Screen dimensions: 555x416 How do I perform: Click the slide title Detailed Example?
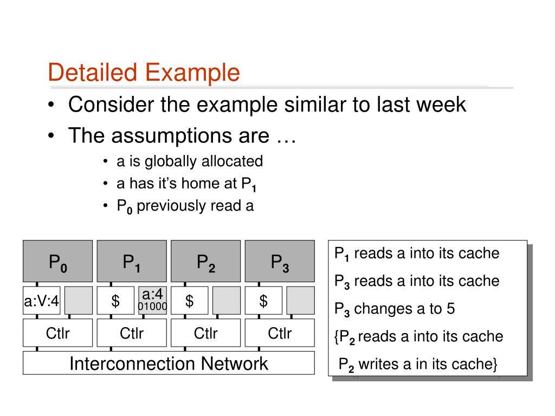(x=144, y=73)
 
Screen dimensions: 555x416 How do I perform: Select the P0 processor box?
(x=58, y=262)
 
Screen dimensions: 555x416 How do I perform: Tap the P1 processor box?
(x=132, y=262)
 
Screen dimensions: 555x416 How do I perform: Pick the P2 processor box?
(x=206, y=262)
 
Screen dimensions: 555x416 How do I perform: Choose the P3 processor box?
(x=280, y=262)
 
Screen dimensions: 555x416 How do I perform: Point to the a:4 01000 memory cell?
(x=152, y=301)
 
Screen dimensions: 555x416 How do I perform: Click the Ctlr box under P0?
(x=58, y=333)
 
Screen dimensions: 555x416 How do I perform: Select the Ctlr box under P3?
(x=280, y=333)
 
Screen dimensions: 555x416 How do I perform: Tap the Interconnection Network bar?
(x=169, y=363)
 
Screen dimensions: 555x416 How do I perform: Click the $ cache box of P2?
(x=189, y=301)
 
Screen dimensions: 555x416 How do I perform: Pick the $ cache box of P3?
(x=263, y=301)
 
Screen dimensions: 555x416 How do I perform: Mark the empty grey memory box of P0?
(x=79, y=301)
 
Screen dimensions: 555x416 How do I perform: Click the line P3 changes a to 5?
(x=395, y=309)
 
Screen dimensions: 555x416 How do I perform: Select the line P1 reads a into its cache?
(x=416, y=253)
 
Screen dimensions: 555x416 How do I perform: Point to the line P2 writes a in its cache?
(x=417, y=365)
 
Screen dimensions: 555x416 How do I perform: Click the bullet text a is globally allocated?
(x=189, y=161)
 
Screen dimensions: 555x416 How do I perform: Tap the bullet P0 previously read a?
(x=185, y=206)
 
